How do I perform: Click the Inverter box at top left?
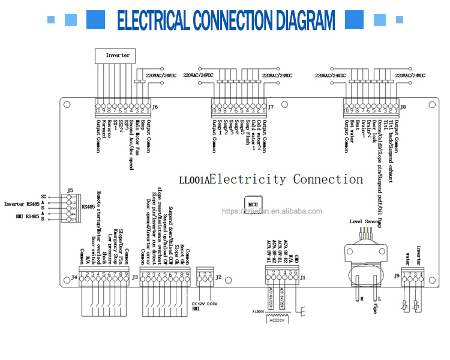(x=118, y=55)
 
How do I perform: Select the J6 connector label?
(x=155, y=107)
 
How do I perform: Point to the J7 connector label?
(x=271, y=107)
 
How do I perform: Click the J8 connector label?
(x=403, y=107)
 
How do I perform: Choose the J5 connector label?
(x=70, y=191)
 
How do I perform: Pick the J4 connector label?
(x=74, y=277)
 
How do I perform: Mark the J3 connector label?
(x=135, y=277)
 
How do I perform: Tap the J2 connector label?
(x=218, y=277)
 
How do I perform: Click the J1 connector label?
(x=303, y=277)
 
